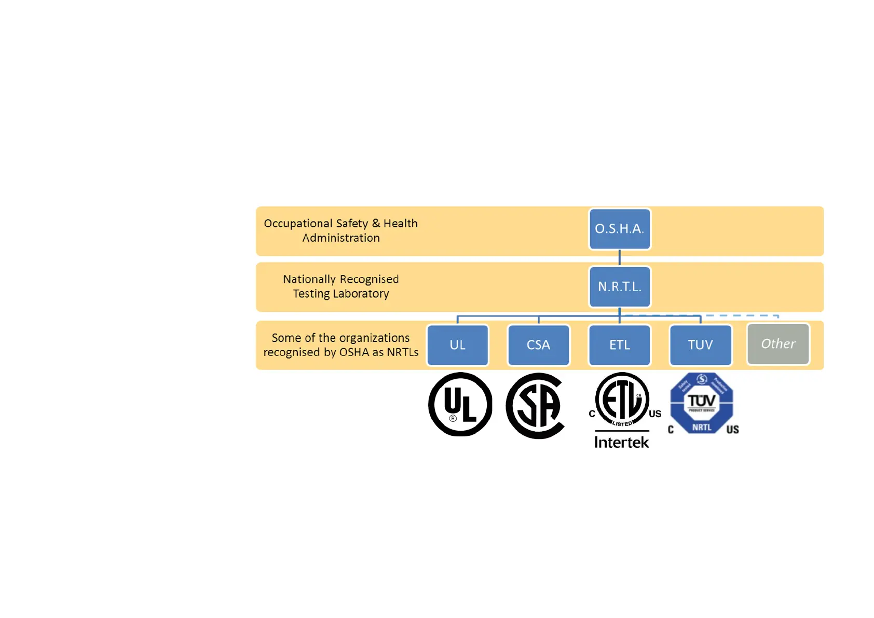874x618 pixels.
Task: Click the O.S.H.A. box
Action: (x=619, y=229)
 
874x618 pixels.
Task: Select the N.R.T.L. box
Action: (x=619, y=287)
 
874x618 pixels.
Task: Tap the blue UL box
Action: (x=457, y=345)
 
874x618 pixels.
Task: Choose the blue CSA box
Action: (x=538, y=345)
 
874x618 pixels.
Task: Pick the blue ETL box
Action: (x=619, y=345)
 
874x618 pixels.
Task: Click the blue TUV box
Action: (x=700, y=345)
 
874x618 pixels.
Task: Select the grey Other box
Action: (x=777, y=344)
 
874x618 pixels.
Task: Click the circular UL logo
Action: (x=460, y=404)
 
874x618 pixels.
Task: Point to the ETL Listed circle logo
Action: (x=622, y=400)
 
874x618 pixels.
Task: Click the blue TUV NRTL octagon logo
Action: (x=702, y=403)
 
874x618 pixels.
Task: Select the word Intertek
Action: (x=621, y=442)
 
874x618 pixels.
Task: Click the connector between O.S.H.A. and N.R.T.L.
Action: (x=619, y=258)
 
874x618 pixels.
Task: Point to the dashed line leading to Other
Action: (x=742, y=315)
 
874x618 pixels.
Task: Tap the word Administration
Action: (x=341, y=238)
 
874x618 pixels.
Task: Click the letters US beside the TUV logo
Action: (x=732, y=430)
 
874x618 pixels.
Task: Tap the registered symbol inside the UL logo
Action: (x=453, y=418)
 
